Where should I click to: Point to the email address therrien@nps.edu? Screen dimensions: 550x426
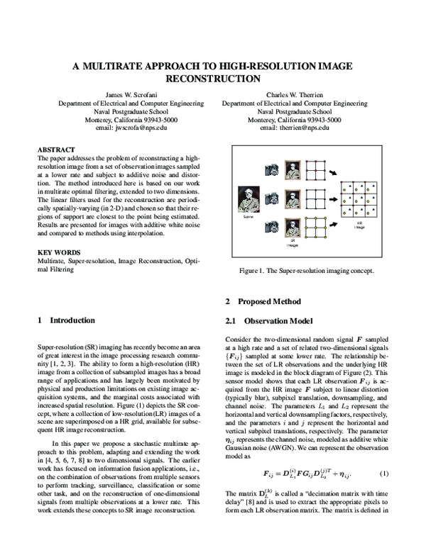295,128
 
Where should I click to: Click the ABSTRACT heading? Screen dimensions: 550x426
56,150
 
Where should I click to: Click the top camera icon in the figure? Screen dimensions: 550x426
272,171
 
